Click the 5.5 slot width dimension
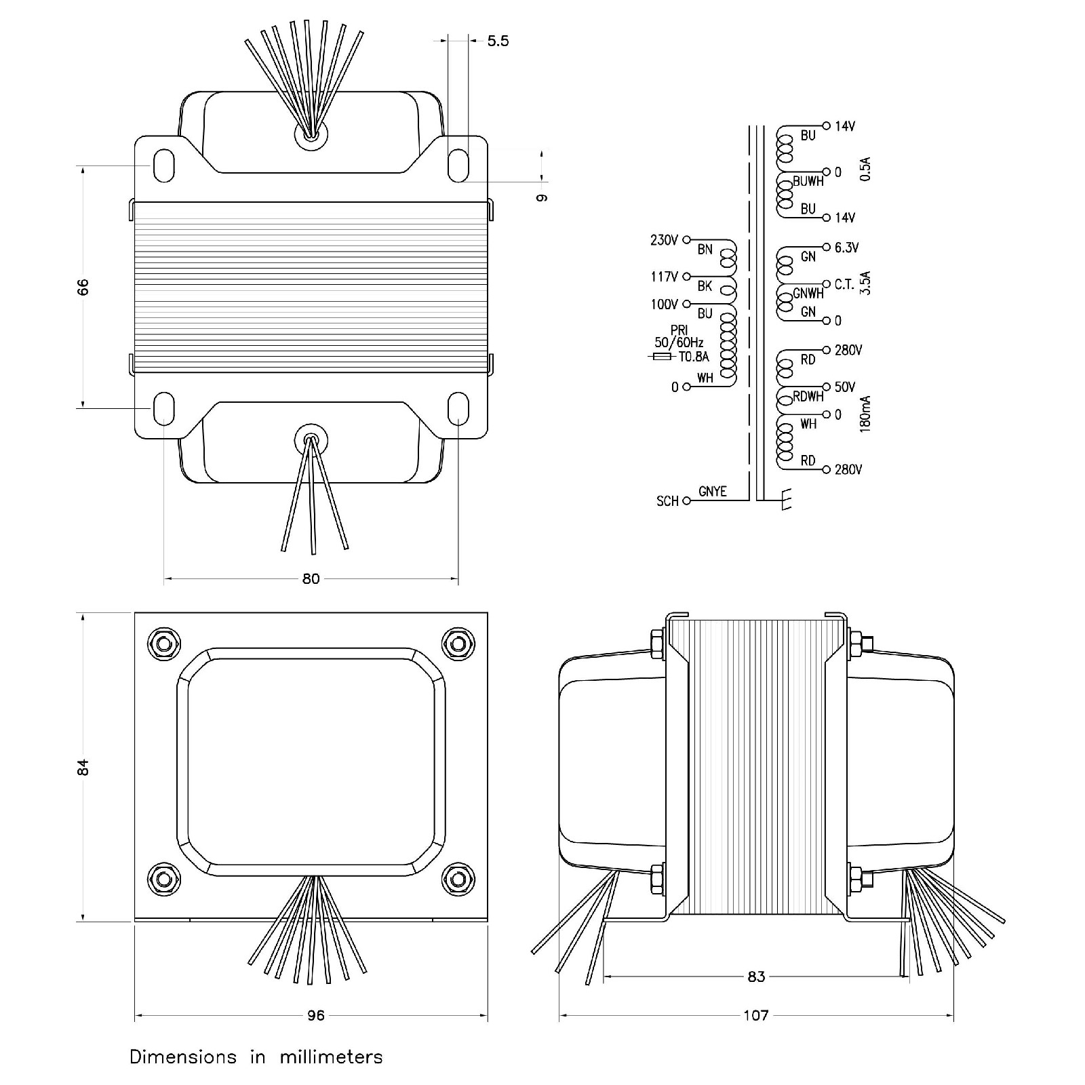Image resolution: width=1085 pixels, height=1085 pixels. click(x=498, y=41)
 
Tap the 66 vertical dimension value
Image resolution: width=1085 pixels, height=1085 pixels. click(x=83, y=287)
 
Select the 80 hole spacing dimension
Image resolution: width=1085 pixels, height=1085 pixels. click(x=311, y=579)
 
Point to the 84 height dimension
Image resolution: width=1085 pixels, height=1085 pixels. click(x=83, y=767)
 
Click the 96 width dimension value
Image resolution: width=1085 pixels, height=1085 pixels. click(x=316, y=1015)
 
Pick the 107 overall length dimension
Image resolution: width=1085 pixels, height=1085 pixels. click(x=756, y=1015)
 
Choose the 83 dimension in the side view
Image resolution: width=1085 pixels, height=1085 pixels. click(x=756, y=976)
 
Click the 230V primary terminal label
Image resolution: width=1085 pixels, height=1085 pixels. click(x=664, y=240)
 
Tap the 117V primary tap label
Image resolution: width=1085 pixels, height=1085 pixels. click(x=664, y=277)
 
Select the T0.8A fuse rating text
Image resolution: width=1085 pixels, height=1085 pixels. click(x=694, y=357)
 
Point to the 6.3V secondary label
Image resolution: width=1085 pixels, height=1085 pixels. click(x=847, y=248)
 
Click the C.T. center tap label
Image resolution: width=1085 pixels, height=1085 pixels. click(x=844, y=285)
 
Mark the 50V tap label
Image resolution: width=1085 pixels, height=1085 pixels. click(x=845, y=387)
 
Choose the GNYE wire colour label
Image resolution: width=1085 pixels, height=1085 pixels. click(x=712, y=492)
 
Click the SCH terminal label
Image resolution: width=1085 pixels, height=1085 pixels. click(x=667, y=501)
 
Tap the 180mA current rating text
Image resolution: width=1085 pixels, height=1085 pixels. click(x=865, y=414)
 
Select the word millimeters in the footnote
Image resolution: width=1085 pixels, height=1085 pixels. click(x=332, y=1057)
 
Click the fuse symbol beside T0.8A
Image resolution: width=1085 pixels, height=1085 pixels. click(x=661, y=357)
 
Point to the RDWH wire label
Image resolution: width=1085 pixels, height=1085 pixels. click(x=808, y=397)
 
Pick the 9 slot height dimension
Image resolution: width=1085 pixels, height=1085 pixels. click(x=541, y=197)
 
